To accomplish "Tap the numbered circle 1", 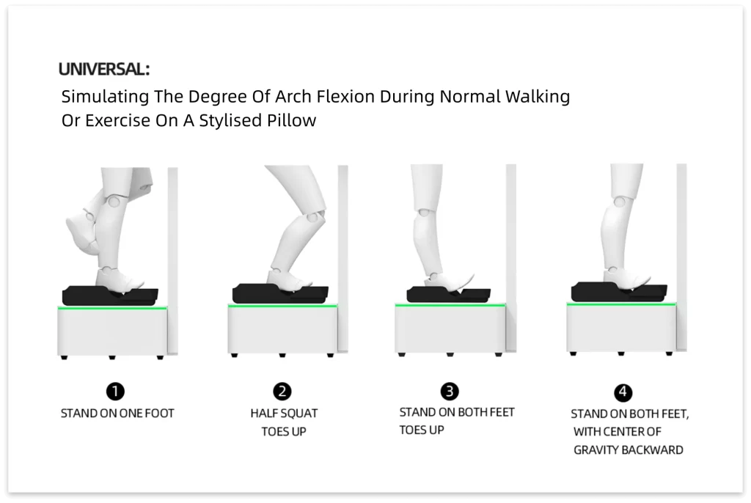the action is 115,392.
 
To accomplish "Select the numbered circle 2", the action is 282,392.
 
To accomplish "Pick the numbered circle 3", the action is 450,392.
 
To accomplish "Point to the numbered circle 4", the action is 623,392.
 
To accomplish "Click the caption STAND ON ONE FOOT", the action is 117,414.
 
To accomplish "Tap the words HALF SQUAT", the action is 284,414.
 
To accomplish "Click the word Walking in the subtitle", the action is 538,97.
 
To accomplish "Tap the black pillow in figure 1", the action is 110,295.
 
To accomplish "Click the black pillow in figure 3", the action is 448,294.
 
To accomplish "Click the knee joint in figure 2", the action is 313,219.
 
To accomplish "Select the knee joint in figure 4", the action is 620,202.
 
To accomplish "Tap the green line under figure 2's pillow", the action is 282,306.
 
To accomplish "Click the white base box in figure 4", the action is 621,328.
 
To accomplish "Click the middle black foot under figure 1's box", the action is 112,357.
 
